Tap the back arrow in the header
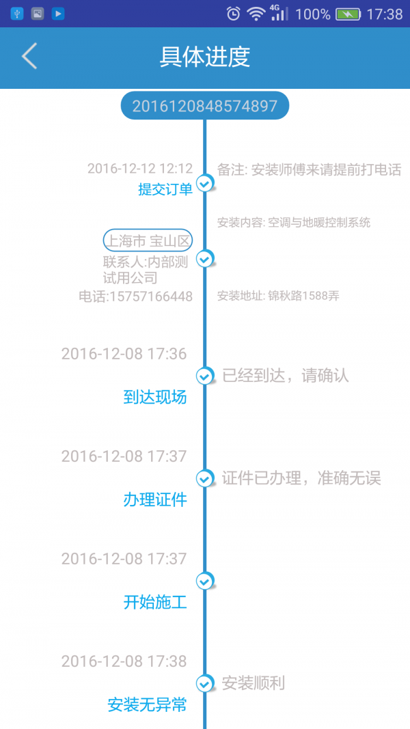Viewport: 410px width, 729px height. click(x=29, y=57)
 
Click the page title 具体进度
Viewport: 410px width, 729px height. click(x=205, y=57)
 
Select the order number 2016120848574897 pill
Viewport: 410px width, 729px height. click(x=205, y=106)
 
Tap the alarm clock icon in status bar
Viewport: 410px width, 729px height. click(x=233, y=14)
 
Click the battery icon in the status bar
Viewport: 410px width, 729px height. click(x=348, y=14)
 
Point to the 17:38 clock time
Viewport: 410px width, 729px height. click(x=385, y=14)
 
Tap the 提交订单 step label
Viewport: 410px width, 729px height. click(x=165, y=189)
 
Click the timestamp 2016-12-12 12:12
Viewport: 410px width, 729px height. click(x=140, y=168)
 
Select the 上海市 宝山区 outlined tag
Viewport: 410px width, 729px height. click(x=148, y=240)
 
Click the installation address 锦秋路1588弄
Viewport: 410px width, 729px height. click(x=303, y=296)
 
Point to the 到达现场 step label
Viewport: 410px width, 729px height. click(x=155, y=397)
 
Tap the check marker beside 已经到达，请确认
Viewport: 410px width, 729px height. click(x=204, y=376)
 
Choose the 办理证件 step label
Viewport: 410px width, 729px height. click(x=155, y=500)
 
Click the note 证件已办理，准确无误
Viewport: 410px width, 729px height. click(x=301, y=478)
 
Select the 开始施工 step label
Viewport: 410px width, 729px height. click(x=155, y=603)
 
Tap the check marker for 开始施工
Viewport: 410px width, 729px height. click(x=204, y=581)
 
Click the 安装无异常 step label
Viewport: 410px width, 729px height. click(x=147, y=705)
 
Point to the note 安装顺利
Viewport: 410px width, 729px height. click(x=254, y=683)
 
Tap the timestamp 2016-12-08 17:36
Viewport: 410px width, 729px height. click(x=124, y=354)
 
